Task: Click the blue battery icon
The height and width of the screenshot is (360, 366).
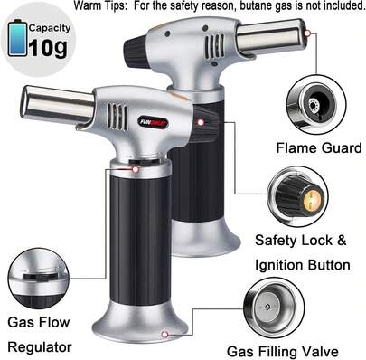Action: click(18, 38)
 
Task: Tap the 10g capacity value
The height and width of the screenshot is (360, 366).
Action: click(48, 48)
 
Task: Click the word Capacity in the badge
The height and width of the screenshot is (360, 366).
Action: click(50, 28)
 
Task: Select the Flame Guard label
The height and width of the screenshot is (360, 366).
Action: click(319, 148)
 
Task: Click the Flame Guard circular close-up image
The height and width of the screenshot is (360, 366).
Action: click(316, 105)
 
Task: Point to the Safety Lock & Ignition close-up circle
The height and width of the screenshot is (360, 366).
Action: click(297, 196)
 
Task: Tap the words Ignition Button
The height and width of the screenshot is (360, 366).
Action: click(303, 265)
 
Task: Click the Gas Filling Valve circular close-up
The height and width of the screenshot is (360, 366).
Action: click(274, 308)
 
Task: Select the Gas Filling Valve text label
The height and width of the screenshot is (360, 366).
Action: click(283, 352)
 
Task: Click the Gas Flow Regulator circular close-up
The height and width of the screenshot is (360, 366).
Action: click(38, 279)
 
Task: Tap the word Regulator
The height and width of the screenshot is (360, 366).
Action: click(40, 347)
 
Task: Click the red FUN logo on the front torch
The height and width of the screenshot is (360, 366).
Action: click(154, 122)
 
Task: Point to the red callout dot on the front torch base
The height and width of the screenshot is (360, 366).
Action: click(164, 334)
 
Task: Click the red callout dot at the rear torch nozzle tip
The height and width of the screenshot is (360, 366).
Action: click(307, 33)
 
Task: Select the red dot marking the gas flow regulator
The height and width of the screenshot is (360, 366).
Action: click(136, 169)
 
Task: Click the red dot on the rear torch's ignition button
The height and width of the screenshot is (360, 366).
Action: click(201, 122)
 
